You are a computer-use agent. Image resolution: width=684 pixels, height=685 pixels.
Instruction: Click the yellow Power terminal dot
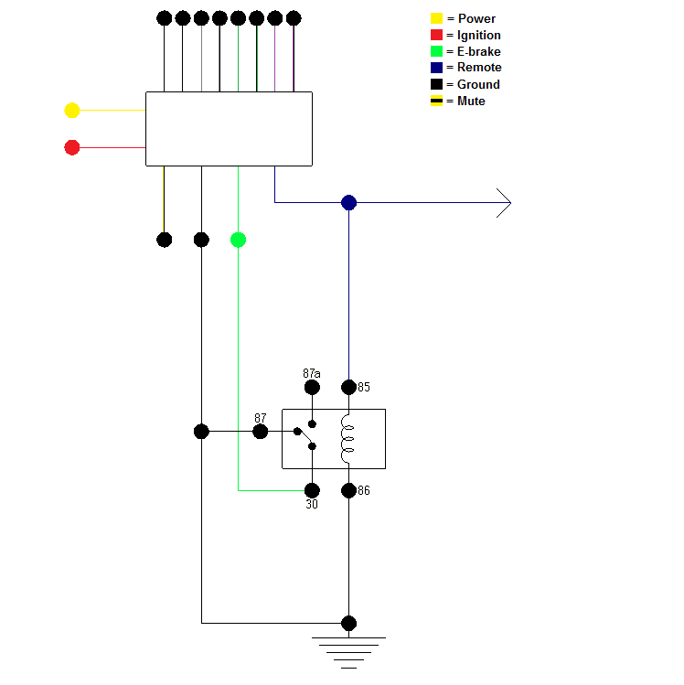[x=72, y=111]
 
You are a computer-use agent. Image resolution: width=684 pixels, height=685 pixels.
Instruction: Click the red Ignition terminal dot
[x=72, y=147]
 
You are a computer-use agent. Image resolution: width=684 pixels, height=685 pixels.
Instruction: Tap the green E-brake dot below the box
[x=238, y=240]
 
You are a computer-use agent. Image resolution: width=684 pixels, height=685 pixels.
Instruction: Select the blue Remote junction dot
[x=348, y=202]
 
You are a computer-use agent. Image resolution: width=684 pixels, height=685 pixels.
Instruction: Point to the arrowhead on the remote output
[x=504, y=202]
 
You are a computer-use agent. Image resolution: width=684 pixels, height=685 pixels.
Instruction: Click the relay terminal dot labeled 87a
[x=312, y=387]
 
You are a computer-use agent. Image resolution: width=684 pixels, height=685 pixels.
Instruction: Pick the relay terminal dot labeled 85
[x=348, y=387]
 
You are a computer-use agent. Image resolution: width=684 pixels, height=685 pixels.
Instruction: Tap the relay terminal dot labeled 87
[x=261, y=432]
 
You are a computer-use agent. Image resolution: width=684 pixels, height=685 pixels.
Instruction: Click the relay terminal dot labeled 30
[x=312, y=490]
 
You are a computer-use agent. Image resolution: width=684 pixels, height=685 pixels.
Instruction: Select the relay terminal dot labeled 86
[x=348, y=490]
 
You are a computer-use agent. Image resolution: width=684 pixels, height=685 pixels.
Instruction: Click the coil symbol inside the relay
[x=347, y=439]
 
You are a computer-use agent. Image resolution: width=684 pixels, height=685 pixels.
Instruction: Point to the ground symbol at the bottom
[x=348, y=651]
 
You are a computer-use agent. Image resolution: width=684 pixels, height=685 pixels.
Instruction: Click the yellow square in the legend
[x=436, y=18]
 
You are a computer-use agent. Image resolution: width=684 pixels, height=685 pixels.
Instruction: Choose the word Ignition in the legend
[x=478, y=35]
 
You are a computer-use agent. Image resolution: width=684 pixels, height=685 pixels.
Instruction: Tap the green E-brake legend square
[x=436, y=51]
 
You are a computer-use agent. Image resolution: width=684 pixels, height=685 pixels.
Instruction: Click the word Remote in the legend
[x=479, y=68]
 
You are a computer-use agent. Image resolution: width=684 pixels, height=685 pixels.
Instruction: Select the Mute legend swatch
[x=436, y=101]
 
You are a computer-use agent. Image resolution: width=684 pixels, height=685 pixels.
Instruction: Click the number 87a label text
[x=312, y=373]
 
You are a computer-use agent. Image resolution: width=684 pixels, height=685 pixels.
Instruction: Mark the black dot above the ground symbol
[x=348, y=624]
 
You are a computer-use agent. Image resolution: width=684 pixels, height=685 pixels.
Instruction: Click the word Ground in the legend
[x=478, y=84]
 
